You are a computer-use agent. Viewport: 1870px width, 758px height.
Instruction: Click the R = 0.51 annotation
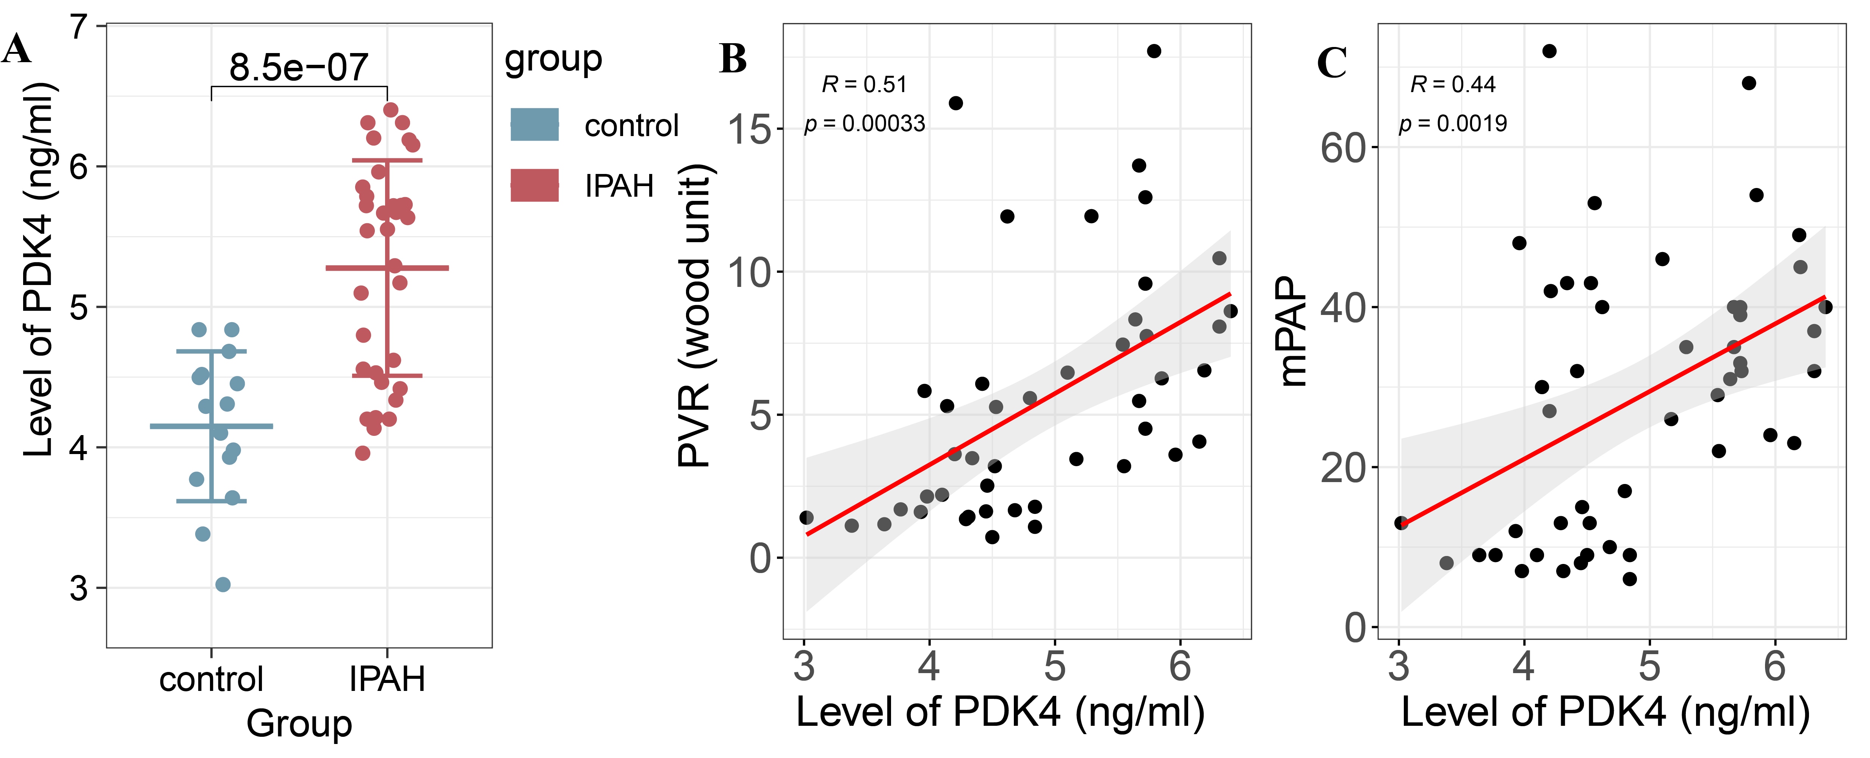point(864,85)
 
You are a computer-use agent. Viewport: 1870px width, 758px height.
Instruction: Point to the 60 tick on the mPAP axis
point(1342,147)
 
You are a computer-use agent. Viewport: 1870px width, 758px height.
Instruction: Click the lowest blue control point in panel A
point(223,584)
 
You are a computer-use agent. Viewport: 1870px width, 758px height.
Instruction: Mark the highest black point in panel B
point(1154,51)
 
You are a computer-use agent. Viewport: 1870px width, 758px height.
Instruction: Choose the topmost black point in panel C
point(1549,51)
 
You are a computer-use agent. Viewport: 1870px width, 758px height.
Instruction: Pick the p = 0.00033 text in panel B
point(864,124)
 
